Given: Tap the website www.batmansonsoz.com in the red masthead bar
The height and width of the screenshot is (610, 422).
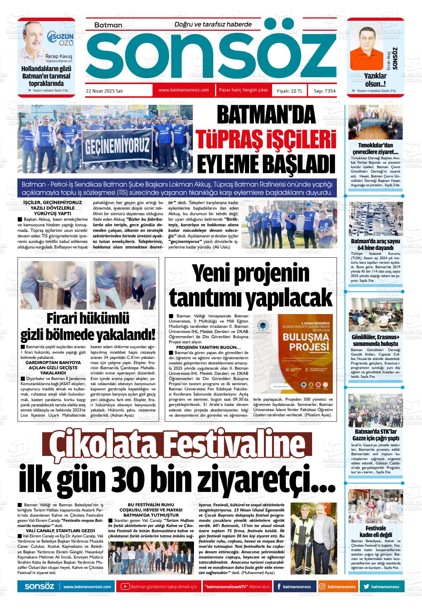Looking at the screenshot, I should (x=184, y=90).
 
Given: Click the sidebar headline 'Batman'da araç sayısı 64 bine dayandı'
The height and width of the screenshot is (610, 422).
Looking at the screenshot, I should (x=375, y=244).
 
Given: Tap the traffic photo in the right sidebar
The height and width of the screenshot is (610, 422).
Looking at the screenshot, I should (x=375, y=219).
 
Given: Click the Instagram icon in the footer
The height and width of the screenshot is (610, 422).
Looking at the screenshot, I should (x=322, y=587).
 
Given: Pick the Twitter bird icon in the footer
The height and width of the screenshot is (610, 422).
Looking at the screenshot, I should (x=366, y=587).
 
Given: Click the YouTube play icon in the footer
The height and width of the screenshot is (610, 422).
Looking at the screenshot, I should (x=125, y=587).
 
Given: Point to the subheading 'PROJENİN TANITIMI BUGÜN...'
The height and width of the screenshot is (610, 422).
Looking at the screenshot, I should (x=208, y=347).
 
